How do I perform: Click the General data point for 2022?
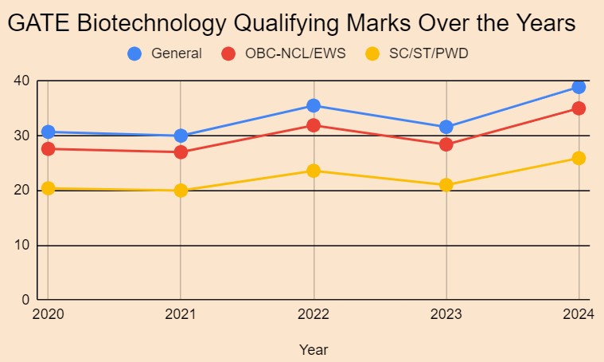(314, 105)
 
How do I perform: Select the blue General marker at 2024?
(579, 87)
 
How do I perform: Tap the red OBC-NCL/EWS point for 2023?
(446, 144)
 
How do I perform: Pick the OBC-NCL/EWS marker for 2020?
(48, 148)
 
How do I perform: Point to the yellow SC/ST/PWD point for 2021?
(181, 191)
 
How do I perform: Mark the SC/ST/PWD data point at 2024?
(579, 158)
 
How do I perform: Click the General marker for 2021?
(181, 136)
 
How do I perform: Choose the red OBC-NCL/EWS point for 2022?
(314, 125)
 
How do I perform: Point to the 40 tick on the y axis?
(21, 81)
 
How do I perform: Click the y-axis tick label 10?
(21, 246)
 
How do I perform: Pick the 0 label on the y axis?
(25, 300)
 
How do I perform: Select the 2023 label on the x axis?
(446, 315)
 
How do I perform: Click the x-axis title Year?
(314, 349)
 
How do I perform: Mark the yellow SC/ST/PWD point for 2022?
(314, 171)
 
